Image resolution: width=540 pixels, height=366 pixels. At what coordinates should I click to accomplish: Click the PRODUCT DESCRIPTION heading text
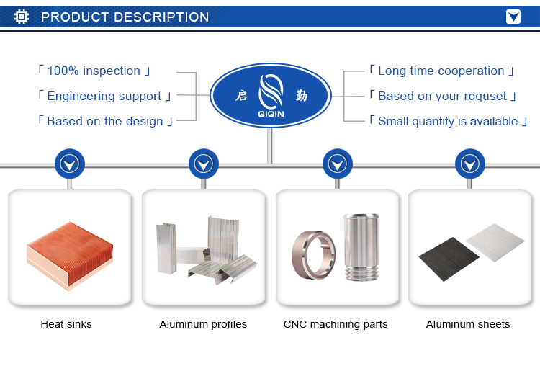[125, 17]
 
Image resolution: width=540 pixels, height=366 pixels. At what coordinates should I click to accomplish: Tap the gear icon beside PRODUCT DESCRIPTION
[22, 17]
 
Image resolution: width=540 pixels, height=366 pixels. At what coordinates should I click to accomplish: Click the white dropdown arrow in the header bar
[513, 17]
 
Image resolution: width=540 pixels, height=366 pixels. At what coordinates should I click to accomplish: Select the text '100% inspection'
[94, 71]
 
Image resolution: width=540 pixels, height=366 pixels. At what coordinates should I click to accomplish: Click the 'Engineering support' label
[104, 96]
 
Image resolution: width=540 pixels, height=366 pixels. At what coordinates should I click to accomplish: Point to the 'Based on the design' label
[104, 121]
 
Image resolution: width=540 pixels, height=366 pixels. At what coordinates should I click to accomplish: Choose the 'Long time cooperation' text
[441, 71]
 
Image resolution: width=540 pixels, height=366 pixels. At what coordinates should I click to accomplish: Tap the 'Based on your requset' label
[442, 96]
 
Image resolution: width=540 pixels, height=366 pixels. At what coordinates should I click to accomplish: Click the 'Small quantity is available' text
[448, 121]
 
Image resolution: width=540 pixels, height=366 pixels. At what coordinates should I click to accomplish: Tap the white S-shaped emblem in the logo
[271, 92]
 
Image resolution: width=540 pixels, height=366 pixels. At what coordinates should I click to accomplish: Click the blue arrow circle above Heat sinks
[70, 165]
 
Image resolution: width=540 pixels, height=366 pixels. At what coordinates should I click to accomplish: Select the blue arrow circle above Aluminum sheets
[470, 165]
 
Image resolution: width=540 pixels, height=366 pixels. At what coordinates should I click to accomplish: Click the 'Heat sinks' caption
[66, 324]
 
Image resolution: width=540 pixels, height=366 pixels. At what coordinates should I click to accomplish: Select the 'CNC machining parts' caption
[336, 324]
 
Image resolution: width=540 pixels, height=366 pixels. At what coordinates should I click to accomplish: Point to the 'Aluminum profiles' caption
[203, 324]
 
